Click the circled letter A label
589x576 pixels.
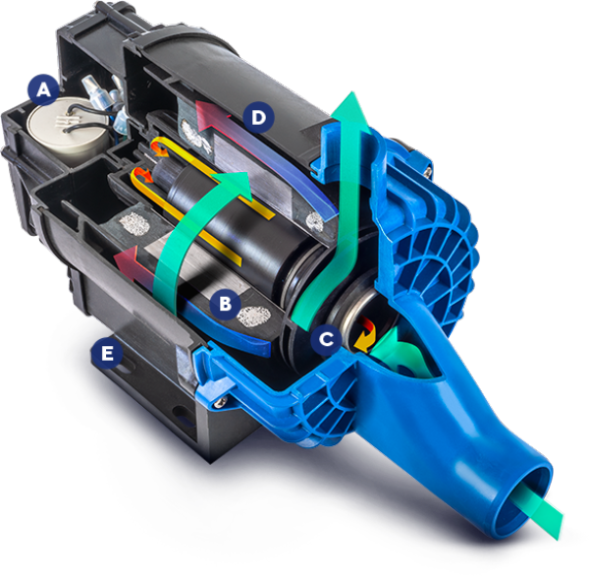pos(44,89)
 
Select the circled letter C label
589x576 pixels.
pos(327,340)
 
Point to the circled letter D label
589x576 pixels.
pos(259,117)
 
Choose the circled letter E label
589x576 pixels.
pos(107,353)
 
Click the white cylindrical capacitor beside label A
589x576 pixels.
pos(69,127)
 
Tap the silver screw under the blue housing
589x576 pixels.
pos(218,403)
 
